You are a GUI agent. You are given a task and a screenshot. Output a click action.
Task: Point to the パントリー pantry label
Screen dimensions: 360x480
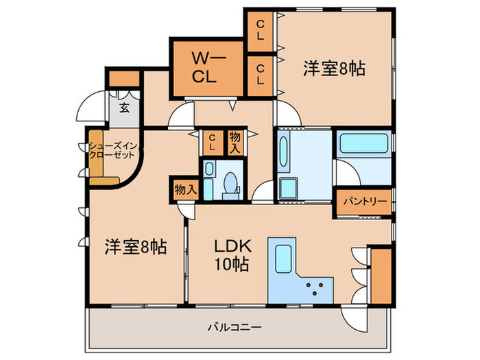click(363, 202)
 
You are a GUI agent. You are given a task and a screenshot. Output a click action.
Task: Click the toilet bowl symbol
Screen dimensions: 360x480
click(231, 184)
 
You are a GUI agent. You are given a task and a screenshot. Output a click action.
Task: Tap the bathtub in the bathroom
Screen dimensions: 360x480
click(363, 144)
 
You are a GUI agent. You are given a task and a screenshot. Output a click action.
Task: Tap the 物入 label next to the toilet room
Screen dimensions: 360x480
click(235, 143)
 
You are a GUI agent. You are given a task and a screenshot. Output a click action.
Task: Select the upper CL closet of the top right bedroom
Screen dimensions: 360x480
click(261, 31)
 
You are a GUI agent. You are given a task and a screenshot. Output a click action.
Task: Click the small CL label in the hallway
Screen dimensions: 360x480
click(212, 143)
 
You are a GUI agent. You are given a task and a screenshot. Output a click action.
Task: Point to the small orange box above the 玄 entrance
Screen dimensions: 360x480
click(124, 79)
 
